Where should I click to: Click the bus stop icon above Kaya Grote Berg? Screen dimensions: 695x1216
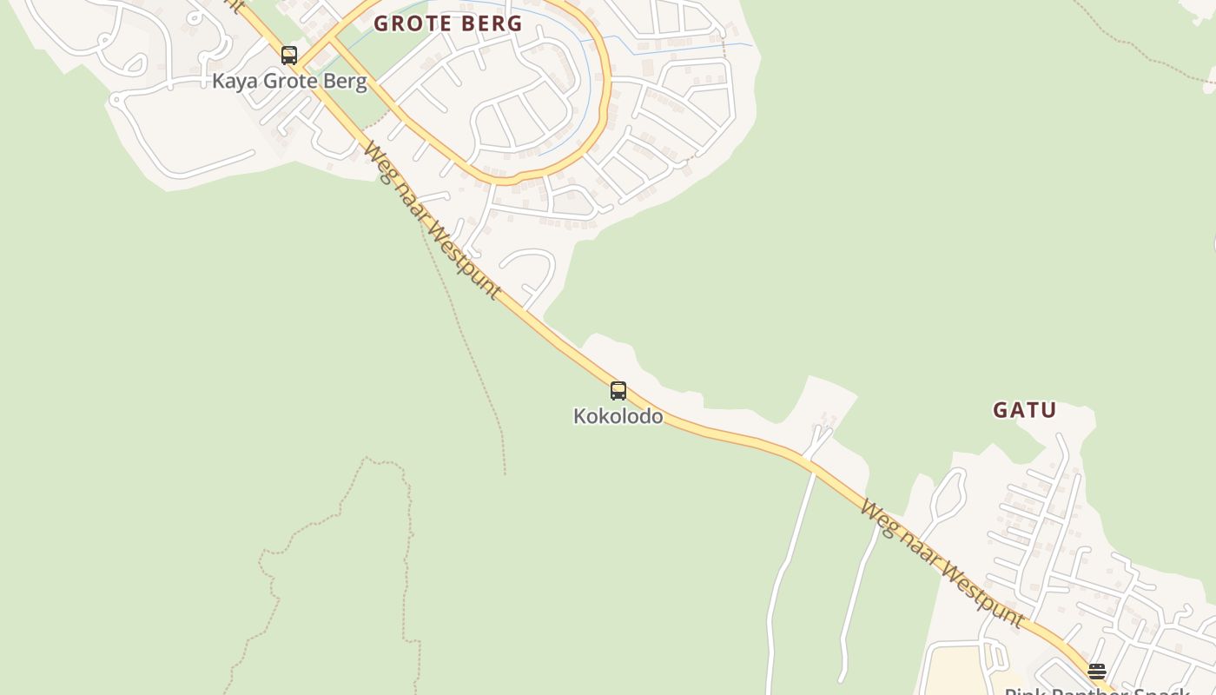point(289,56)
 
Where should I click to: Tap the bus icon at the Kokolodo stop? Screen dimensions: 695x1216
point(618,391)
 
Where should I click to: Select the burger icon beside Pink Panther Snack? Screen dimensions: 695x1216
point(1097,671)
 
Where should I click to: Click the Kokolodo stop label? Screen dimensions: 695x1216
point(618,416)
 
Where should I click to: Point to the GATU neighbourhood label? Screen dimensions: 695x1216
point(1025,410)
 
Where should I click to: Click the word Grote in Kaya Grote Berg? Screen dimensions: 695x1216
point(292,82)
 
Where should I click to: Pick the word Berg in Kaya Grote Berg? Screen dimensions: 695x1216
point(347,82)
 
